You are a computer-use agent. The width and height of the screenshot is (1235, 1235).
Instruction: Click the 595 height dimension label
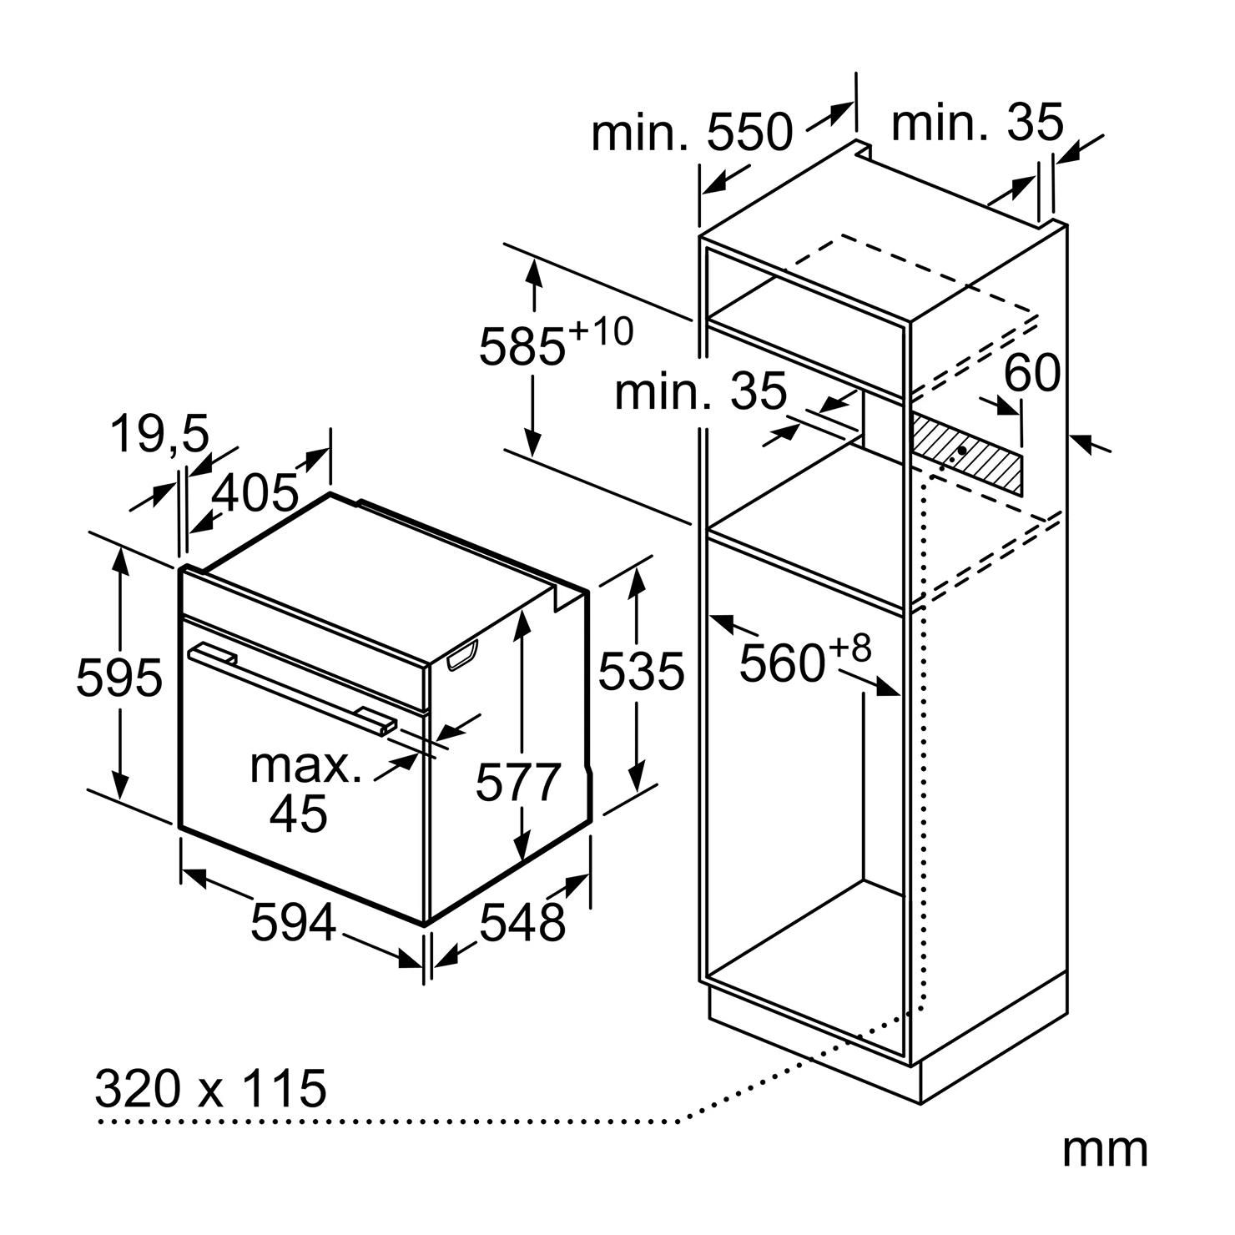(x=118, y=678)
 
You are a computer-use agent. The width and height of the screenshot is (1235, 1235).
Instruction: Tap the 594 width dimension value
(x=293, y=923)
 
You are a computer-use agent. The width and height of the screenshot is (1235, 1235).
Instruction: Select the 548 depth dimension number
(x=523, y=923)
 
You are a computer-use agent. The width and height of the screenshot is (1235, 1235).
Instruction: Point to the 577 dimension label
(x=518, y=783)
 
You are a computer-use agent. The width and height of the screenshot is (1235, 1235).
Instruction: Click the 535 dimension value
(x=641, y=671)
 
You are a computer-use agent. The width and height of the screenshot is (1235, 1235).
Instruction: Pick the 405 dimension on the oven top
(x=255, y=492)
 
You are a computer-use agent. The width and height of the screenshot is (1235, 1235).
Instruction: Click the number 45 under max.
(x=299, y=813)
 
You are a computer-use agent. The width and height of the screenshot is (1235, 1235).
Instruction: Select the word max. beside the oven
(x=306, y=765)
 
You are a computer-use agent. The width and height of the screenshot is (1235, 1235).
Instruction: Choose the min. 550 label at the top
(x=692, y=132)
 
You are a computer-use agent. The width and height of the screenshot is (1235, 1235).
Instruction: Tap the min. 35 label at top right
(x=978, y=123)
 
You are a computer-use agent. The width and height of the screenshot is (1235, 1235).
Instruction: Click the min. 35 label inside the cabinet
(x=701, y=391)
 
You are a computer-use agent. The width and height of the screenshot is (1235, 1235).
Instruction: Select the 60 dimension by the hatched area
(x=1032, y=373)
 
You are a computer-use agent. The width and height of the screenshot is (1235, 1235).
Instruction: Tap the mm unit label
(x=1105, y=1150)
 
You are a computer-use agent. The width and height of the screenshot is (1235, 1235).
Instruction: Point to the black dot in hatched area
(x=964, y=451)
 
